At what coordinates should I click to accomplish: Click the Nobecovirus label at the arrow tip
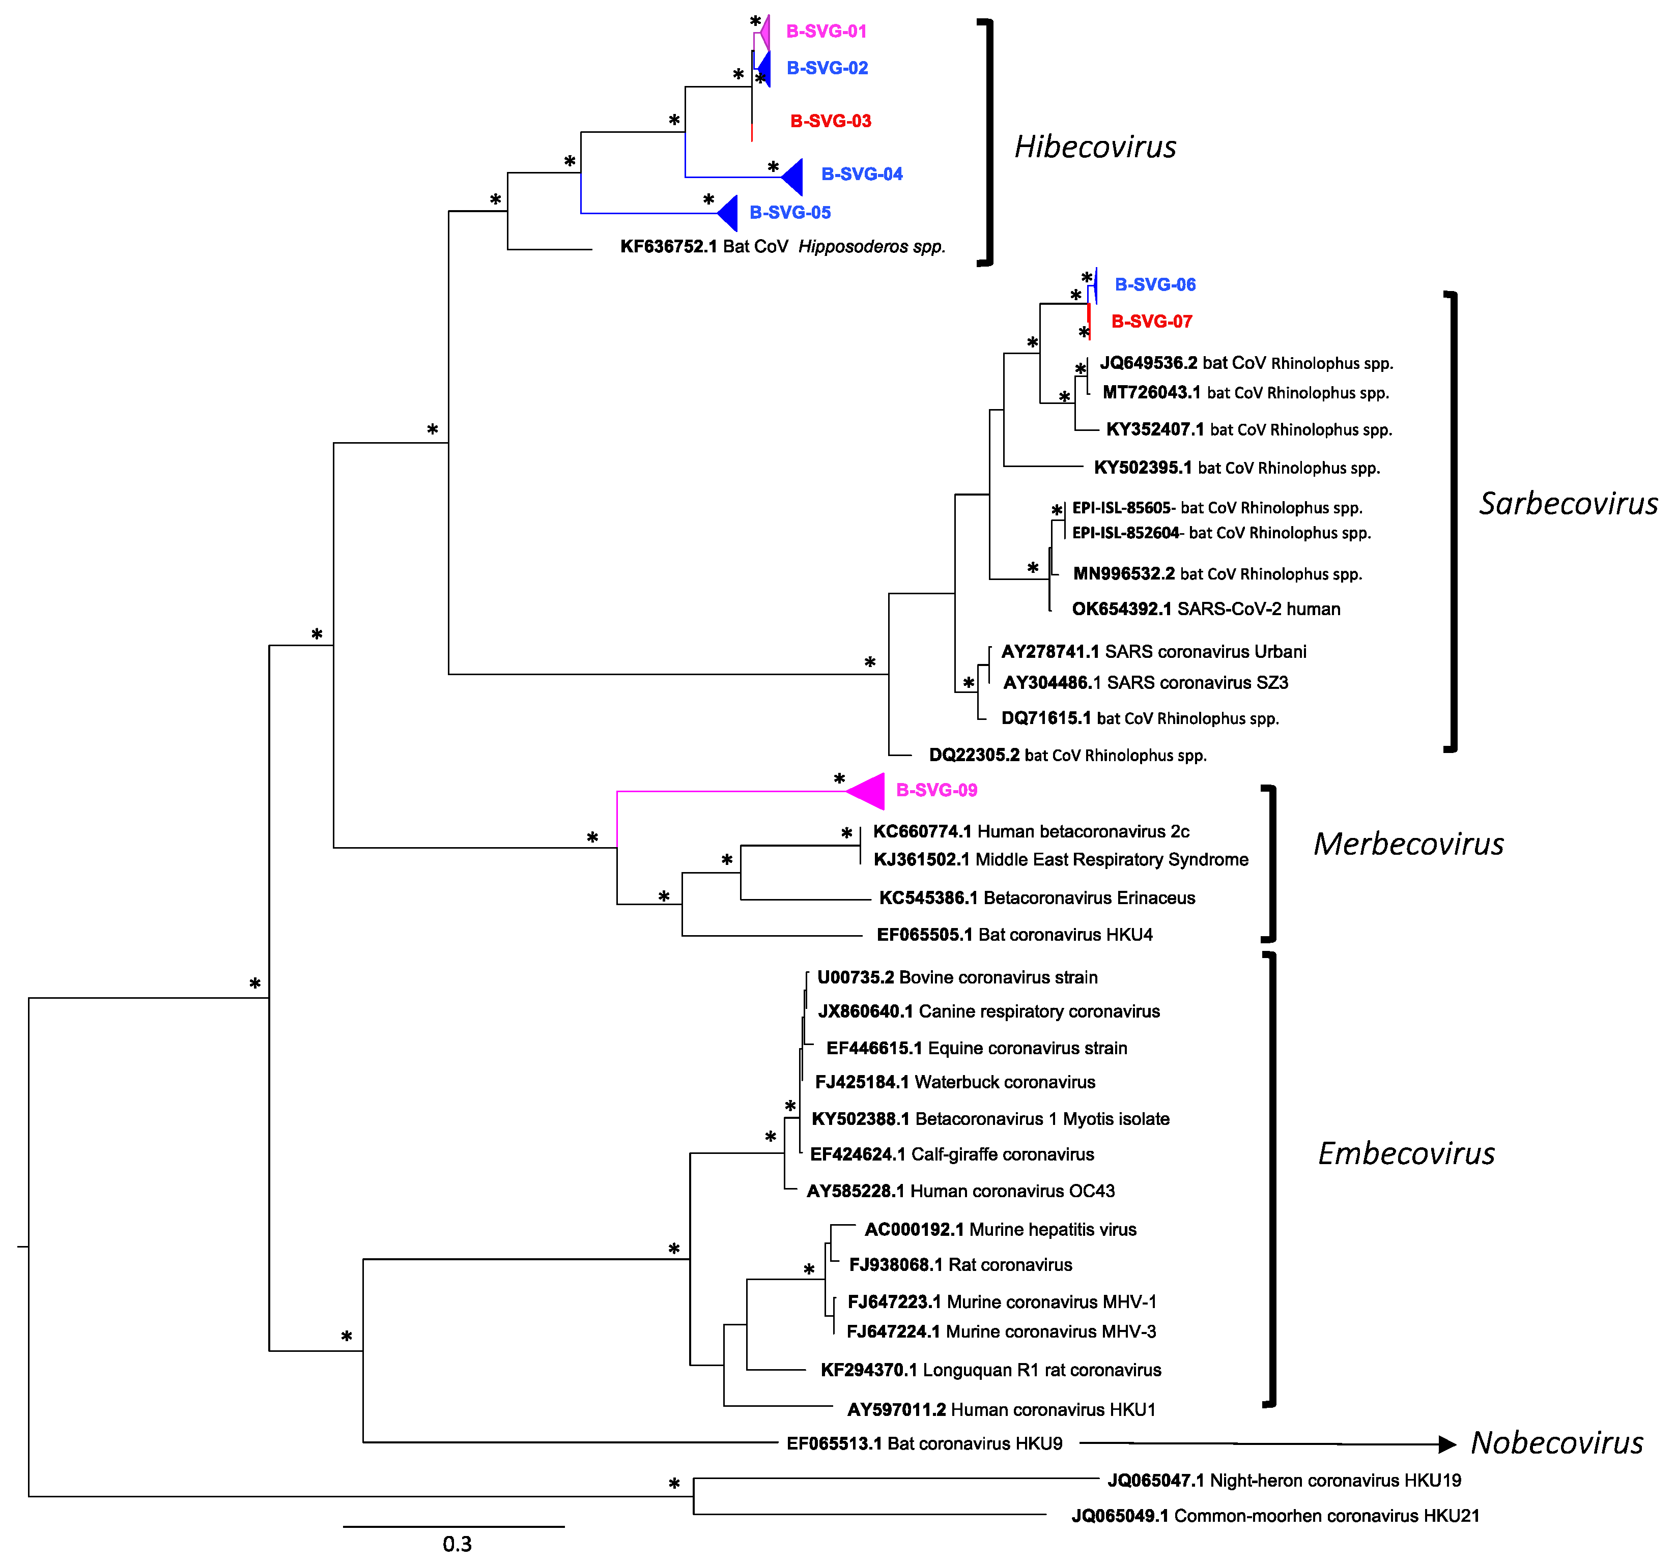(1556, 1443)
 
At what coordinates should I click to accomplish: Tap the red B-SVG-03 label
(831, 121)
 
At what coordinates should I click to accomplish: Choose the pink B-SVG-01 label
(826, 31)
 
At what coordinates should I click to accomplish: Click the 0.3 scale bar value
(457, 1544)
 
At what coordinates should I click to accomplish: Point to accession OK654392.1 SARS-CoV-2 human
(1206, 609)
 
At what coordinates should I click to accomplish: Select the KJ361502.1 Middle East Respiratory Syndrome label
(1061, 859)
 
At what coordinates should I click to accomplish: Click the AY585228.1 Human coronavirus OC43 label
(960, 1191)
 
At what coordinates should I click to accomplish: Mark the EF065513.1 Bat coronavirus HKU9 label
(924, 1443)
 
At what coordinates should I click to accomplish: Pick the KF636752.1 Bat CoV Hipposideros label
(782, 246)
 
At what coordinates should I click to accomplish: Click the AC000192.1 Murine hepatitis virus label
(1000, 1229)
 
